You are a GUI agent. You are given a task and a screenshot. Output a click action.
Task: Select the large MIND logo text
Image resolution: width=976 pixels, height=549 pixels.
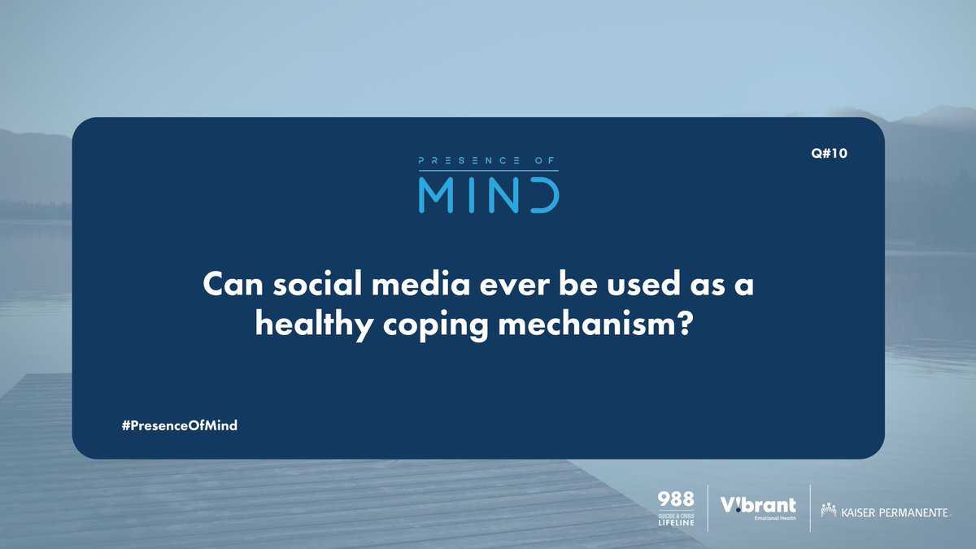[488, 195]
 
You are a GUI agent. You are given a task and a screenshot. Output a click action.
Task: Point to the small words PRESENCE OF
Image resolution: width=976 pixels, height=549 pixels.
[488, 162]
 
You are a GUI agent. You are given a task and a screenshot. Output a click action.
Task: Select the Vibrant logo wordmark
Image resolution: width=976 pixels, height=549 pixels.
[758, 505]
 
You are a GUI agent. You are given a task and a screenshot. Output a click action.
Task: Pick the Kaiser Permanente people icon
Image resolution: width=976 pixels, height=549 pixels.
[829, 511]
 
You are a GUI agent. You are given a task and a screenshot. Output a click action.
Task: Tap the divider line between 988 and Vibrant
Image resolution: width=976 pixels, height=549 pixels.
[708, 508]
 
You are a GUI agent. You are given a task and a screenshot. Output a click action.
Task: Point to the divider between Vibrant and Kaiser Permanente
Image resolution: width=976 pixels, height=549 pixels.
[810, 508]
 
